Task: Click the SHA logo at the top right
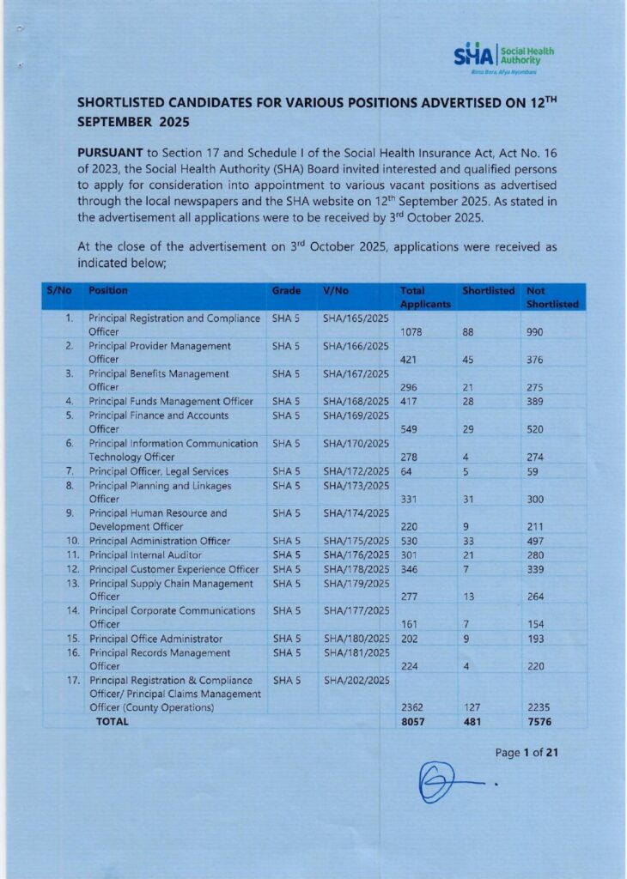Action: point(503,58)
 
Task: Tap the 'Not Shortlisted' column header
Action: point(551,297)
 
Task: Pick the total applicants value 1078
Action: point(414,331)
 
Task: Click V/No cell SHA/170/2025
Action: point(356,444)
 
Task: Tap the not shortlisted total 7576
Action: point(539,722)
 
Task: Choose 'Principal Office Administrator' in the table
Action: point(155,639)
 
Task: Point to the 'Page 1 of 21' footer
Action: point(527,753)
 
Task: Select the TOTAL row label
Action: point(112,722)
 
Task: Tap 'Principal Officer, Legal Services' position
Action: point(158,471)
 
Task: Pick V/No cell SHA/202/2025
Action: point(356,681)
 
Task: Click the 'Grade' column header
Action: point(286,291)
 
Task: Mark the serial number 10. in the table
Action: point(73,541)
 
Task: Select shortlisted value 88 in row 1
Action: point(468,331)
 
